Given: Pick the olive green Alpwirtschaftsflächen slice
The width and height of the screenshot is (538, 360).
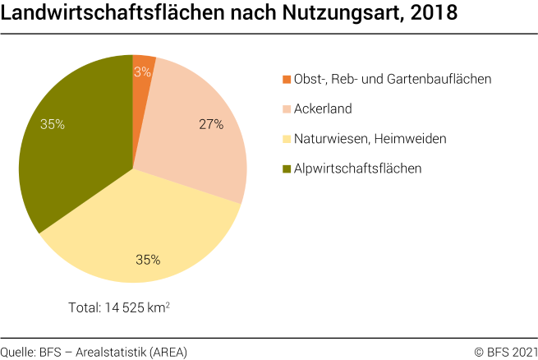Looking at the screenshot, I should [74, 148].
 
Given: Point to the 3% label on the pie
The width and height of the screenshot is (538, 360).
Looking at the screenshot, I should [142, 72].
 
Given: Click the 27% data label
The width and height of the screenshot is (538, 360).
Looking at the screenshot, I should [211, 125].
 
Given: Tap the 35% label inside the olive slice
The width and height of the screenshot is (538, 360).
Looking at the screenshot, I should [53, 124].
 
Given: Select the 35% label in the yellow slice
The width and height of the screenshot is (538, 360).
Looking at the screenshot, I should [148, 260].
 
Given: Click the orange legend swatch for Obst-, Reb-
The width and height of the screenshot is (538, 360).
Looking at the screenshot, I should [287, 80].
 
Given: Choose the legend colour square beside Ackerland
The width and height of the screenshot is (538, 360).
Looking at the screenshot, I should [287, 109].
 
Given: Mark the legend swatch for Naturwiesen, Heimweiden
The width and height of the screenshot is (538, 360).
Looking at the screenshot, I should [287, 139].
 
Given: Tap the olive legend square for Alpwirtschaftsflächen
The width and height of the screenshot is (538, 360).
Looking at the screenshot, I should [287, 168].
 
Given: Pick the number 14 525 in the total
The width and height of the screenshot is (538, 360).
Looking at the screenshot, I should [126, 307].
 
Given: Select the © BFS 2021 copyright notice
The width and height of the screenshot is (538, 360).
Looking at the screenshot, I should [504, 352].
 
